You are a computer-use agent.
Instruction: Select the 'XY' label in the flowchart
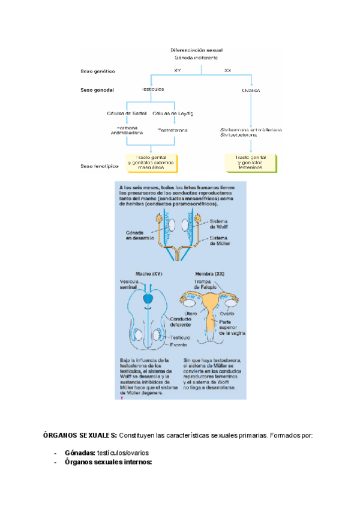tap(178, 71)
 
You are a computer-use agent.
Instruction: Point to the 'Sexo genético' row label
tap(97, 71)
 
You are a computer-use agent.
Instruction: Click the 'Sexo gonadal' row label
tap(97, 90)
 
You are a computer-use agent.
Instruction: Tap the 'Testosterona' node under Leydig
tap(173, 130)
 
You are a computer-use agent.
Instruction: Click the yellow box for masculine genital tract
tap(146, 162)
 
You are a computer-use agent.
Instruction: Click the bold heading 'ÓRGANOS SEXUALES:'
tap(80, 434)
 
